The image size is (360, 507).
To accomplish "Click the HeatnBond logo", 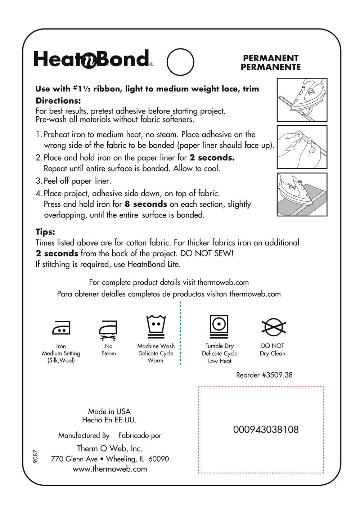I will [x=93, y=59].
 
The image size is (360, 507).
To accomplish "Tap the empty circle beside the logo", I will [x=180, y=62].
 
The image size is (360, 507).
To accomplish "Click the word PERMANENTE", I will [x=271, y=67].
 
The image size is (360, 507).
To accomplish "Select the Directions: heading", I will [x=58, y=101].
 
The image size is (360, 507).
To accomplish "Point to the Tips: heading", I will [x=45, y=232].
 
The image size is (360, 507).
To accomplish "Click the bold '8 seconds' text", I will [x=146, y=204].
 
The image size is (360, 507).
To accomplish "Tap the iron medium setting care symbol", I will [x=61, y=328].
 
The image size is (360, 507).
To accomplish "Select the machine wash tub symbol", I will [x=156, y=326].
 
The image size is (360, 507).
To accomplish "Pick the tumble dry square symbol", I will [x=219, y=326].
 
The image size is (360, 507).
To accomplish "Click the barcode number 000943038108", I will [x=266, y=430].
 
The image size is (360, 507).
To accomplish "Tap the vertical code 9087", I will [x=35, y=456].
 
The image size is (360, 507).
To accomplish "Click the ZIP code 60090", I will [x=158, y=459].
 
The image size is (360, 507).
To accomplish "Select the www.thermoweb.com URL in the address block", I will [x=110, y=469].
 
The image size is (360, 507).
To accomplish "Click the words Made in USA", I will [x=109, y=412].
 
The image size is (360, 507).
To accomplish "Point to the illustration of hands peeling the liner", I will [x=302, y=147].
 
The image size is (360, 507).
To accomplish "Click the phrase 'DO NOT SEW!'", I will [x=207, y=253].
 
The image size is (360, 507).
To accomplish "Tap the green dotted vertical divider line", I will [x=180, y=333].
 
